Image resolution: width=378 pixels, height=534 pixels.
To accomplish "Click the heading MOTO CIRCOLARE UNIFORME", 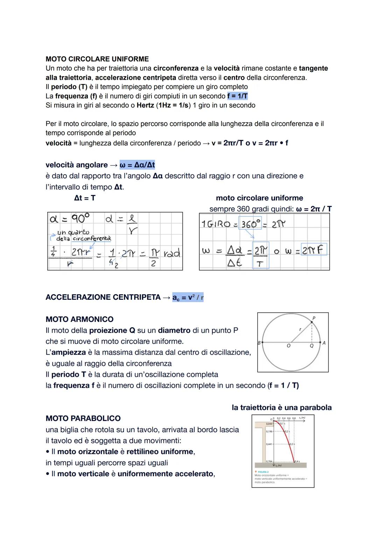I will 97,59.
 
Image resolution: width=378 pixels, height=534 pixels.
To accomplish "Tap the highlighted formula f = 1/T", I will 237,96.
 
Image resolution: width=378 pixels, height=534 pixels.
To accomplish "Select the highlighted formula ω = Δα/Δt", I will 137,165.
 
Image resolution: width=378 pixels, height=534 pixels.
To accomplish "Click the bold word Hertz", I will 145,105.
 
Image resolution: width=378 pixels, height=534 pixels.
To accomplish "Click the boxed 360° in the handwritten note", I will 251,224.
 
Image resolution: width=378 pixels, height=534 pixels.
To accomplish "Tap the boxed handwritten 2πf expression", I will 314,249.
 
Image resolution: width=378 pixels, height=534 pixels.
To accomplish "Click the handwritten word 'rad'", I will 172,253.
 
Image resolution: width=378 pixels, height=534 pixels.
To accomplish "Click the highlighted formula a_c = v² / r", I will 188,297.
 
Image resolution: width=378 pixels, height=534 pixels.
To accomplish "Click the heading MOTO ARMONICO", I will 79,319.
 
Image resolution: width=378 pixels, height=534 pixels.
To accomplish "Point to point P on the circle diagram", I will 313,318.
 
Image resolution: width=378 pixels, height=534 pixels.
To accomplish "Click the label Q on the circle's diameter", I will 311,346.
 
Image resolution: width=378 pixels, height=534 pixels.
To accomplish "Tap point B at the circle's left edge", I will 259,343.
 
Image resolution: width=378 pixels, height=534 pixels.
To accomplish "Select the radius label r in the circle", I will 300,330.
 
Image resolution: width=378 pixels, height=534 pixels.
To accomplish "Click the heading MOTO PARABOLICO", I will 83,418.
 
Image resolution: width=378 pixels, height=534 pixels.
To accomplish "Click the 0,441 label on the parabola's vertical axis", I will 269,444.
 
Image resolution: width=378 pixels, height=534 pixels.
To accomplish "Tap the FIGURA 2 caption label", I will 263,472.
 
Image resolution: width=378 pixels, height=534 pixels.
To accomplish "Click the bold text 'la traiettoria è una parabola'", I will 281,407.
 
